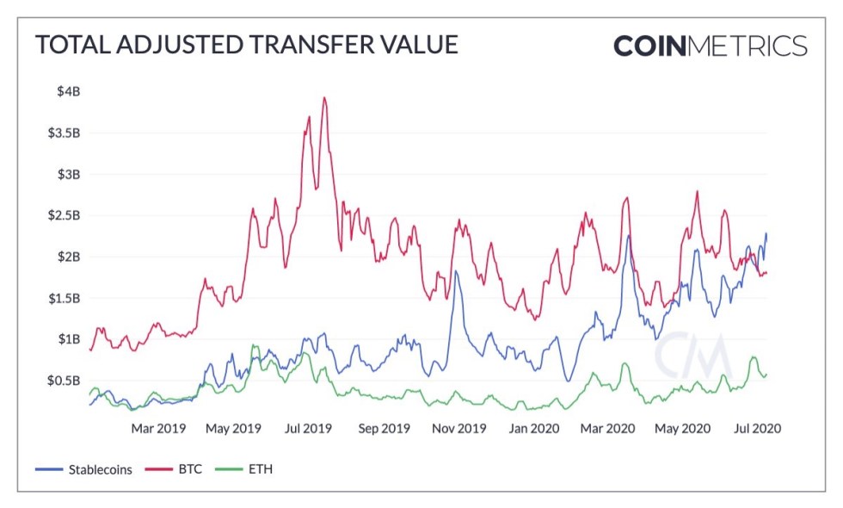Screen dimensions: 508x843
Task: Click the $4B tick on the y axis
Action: pos(69,92)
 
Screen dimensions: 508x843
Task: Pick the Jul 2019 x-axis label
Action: pos(307,428)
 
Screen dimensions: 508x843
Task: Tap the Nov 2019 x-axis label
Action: pos(458,428)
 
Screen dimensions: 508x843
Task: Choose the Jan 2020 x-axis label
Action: pos(533,428)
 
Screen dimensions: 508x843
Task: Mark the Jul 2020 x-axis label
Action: pos(757,428)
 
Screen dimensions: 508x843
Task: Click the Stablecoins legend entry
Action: pos(84,470)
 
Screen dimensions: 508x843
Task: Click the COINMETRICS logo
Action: pos(710,45)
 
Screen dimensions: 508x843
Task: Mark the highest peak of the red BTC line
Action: pos(324,97)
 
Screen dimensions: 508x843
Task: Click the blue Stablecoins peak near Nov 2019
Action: pos(455,271)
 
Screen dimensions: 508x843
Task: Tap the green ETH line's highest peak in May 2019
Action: pos(254,345)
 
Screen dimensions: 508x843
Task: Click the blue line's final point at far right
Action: pos(766,233)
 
